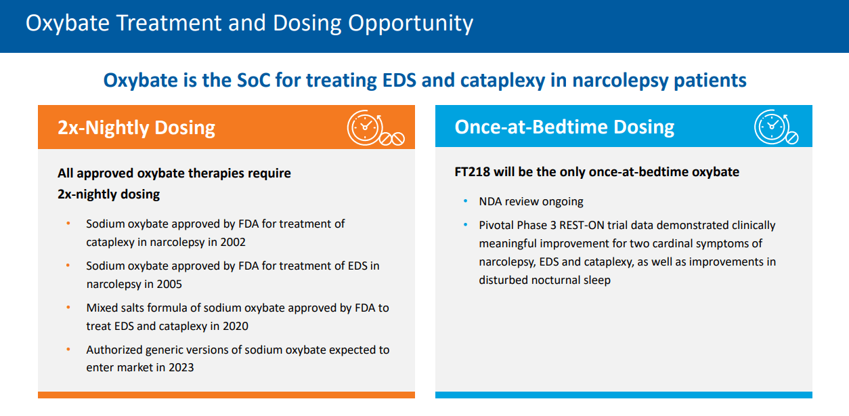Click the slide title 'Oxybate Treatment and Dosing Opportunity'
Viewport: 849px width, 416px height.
click(x=249, y=23)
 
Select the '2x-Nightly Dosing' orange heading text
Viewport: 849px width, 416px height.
click(x=136, y=127)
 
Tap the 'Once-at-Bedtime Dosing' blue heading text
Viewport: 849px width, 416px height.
click(x=565, y=127)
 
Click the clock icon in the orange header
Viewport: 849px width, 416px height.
click(x=366, y=127)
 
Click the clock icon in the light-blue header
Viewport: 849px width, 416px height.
click(x=772, y=126)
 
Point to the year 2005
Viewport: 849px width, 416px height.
click(x=169, y=284)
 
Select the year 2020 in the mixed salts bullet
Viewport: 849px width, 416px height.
click(x=235, y=326)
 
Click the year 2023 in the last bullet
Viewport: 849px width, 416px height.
click(x=180, y=368)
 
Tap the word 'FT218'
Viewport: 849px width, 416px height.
click(x=472, y=172)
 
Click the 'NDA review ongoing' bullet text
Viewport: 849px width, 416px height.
click(x=531, y=201)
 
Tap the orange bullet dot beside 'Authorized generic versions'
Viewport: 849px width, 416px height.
click(x=68, y=350)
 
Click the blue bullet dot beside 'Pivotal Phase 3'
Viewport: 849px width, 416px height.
click(x=465, y=225)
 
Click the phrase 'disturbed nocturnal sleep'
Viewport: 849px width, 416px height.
click(x=544, y=280)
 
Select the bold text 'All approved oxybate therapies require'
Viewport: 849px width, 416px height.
click(x=174, y=173)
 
